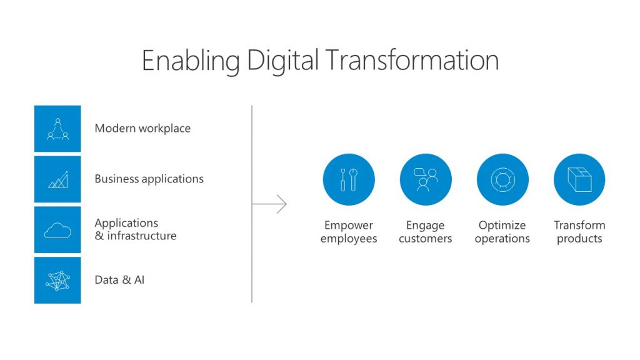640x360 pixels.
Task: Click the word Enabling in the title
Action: pos(191,62)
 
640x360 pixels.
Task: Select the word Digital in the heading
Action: pos(282,62)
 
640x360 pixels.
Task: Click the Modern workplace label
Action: pos(142,128)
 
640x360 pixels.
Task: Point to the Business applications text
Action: pos(149,179)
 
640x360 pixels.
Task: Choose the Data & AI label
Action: pos(119,280)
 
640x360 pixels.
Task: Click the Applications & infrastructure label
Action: pos(136,229)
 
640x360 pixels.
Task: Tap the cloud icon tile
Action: pos(57,230)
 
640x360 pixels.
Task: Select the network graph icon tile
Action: pos(57,281)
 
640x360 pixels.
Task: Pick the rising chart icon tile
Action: pos(57,179)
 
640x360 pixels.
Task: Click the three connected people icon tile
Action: pos(57,129)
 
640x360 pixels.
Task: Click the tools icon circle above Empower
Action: pos(349,179)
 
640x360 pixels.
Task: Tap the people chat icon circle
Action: pos(426,179)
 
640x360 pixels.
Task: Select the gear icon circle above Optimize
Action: pos(502,179)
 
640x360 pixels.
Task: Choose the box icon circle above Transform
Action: pos(579,179)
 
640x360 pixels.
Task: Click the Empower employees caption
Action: pos(349,232)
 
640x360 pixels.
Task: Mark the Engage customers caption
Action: pos(425,232)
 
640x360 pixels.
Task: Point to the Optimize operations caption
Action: pos(502,232)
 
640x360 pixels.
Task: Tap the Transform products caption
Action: pos(579,232)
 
